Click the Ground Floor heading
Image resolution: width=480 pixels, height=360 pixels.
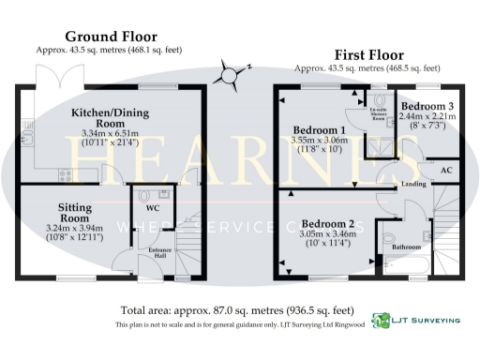click(x=108, y=36)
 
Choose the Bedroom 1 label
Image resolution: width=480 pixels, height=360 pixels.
click(x=319, y=129)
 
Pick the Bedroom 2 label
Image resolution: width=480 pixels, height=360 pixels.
click(x=327, y=223)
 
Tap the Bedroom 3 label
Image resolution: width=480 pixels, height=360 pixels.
click(x=427, y=108)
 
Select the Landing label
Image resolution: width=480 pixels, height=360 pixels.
click(x=412, y=184)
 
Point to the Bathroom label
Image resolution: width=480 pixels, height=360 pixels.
click(x=406, y=247)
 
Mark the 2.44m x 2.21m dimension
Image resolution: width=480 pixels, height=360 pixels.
click(x=427, y=118)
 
